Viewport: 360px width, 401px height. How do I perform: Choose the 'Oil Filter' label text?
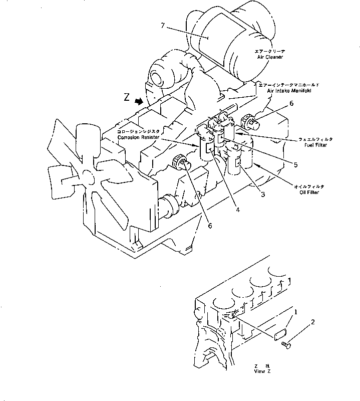coord(307,191)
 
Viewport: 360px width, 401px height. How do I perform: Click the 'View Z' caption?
coord(262,371)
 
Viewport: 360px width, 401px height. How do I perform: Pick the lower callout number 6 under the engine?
coord(210,226)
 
